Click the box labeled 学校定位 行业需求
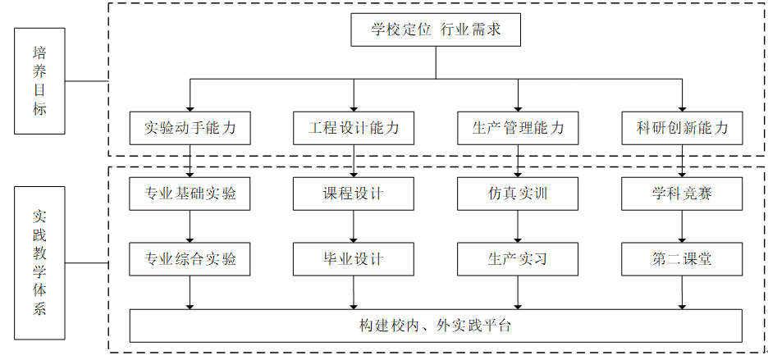[436, 30]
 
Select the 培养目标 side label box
[39, 81]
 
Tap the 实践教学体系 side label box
[39, 263]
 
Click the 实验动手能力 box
[190, 128]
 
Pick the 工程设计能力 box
[354, 128]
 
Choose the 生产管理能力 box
[518, 128]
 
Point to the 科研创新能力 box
[683, 128]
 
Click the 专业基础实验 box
[190, 194]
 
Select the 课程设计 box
[354, 194]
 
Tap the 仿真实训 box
[518, 194]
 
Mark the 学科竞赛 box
[683, 194]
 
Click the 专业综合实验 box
[190, 259]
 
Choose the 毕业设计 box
[354, 259]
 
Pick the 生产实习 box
[518, 259]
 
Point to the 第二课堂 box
[683, 259]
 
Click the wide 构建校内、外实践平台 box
[436, 326]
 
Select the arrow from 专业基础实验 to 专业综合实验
[190, 227]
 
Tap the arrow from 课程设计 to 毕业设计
[354, 227]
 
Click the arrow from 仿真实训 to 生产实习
[518, 227]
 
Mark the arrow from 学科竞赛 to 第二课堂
[683, 227]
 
